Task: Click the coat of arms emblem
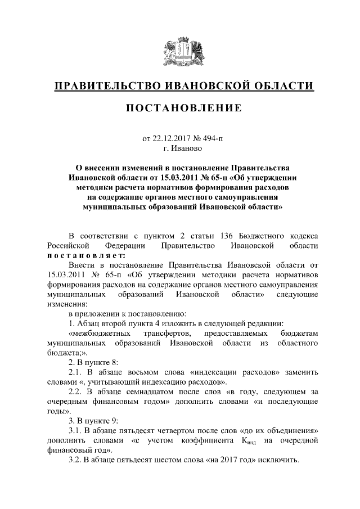180,53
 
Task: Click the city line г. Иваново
180,148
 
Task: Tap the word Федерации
125,245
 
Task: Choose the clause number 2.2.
76,393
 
